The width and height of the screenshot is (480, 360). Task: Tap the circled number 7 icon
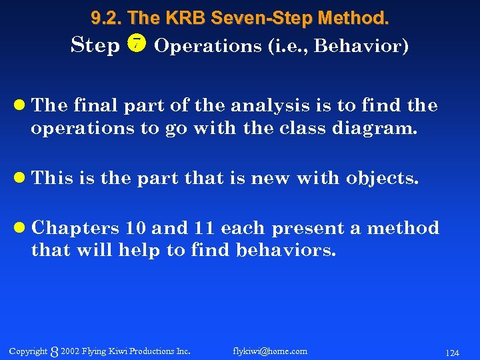tap(136, 44)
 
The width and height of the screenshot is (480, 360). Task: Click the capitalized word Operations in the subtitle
tap(203, 46)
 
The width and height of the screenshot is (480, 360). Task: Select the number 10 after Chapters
tap(135, 228)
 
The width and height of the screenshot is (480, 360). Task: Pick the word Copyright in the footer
tap(29, 351)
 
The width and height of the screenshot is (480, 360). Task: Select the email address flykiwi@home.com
tap(270, 351)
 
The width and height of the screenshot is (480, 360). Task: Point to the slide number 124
tap(452, 352)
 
